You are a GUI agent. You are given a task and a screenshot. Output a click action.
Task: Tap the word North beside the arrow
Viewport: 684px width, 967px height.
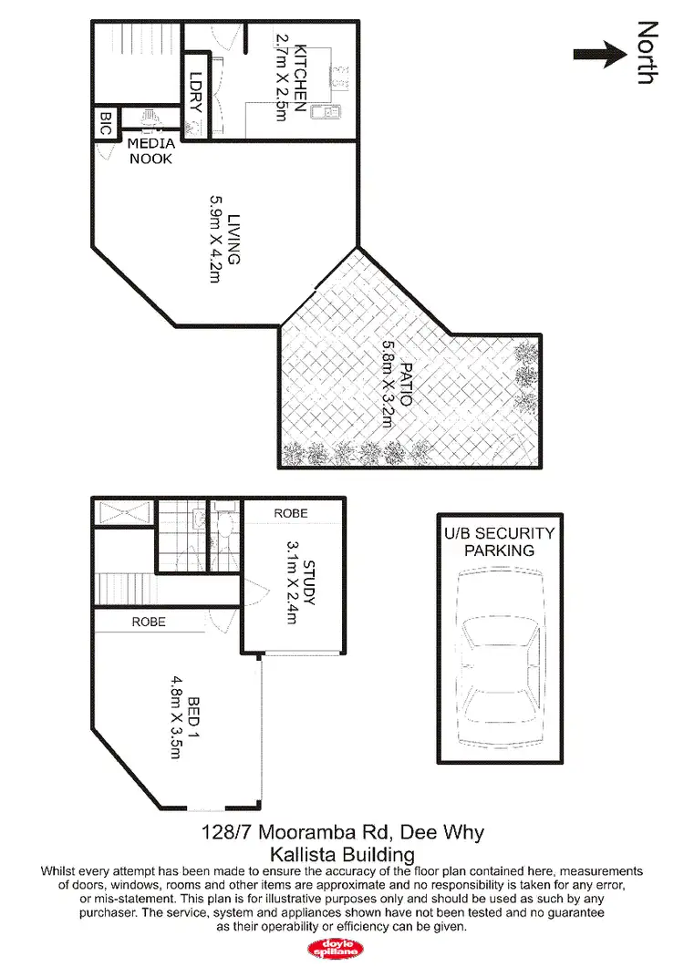pos(647,53)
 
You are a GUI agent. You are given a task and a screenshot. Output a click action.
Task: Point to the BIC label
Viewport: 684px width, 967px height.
pos(104,124)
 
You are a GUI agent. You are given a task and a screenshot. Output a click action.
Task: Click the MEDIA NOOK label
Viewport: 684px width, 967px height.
pos(151,151)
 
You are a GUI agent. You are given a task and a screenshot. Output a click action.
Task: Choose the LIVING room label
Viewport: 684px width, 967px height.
pos(233,239)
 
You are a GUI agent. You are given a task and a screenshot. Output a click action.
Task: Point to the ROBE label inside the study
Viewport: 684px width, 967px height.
pos(291,514)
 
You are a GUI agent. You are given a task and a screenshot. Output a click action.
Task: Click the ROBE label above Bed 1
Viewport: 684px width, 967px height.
pos(149,622)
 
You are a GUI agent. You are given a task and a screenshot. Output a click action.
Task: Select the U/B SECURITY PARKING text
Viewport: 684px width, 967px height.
pos(499,542)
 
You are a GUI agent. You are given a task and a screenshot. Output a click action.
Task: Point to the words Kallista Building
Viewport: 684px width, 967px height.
pos(342,855)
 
